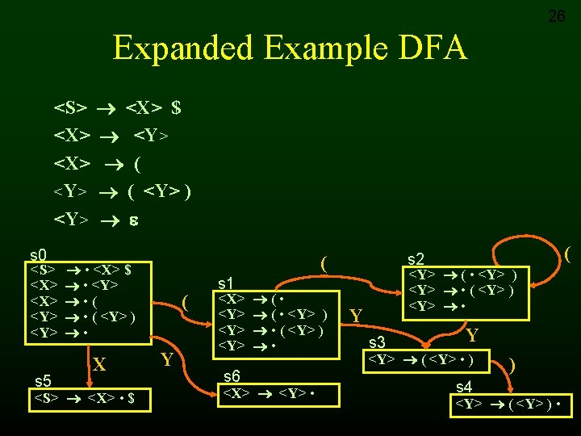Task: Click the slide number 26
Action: [557, 15]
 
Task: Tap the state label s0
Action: [38, 254]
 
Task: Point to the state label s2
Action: [416, 258]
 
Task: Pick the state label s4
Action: [464, 387]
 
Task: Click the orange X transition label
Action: [98, 366]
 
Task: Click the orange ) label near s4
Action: [512, 365]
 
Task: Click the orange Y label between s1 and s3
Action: [354, 314]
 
